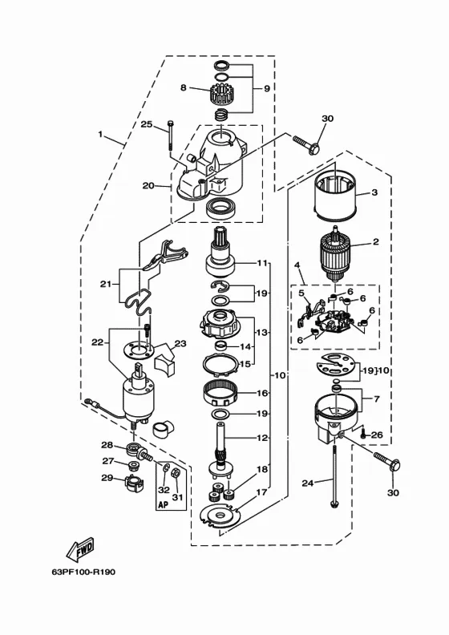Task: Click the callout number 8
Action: pos(184,87)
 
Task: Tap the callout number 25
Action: pos(147,124)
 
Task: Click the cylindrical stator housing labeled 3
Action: pos(335,193)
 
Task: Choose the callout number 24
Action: pos(308,483)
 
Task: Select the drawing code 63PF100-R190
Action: pos(83,572)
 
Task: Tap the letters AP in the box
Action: pos(163,504)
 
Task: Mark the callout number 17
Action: pos(262,492)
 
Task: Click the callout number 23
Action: pos(180,344)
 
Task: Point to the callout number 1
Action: pos(100,134)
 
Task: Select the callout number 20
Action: pos(148,185)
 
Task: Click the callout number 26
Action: pos(377,435)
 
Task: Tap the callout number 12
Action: pos(262,438)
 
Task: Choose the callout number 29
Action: pos(107,478)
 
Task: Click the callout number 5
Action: pos(301,292)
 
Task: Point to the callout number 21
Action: pos(106,285)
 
